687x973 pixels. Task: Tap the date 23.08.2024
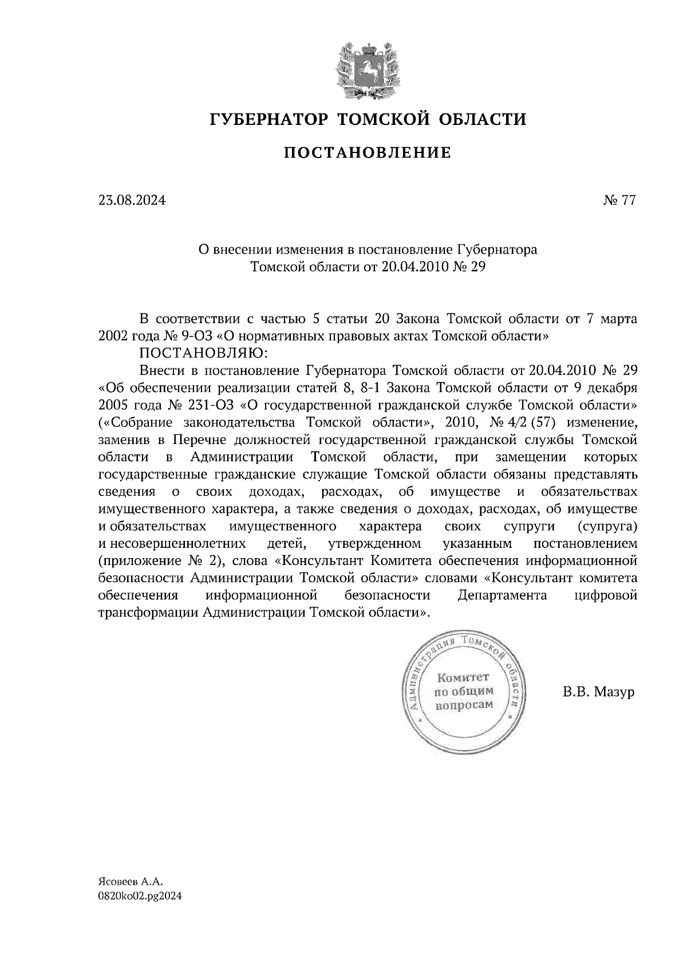[132, 201]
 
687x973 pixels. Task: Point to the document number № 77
[619, 201]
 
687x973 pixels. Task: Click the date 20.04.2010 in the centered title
[408, 266]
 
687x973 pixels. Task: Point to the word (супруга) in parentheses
[607, 526]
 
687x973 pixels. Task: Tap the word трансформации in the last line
[148, 612]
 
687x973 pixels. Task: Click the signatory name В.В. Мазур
[598, 692]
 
